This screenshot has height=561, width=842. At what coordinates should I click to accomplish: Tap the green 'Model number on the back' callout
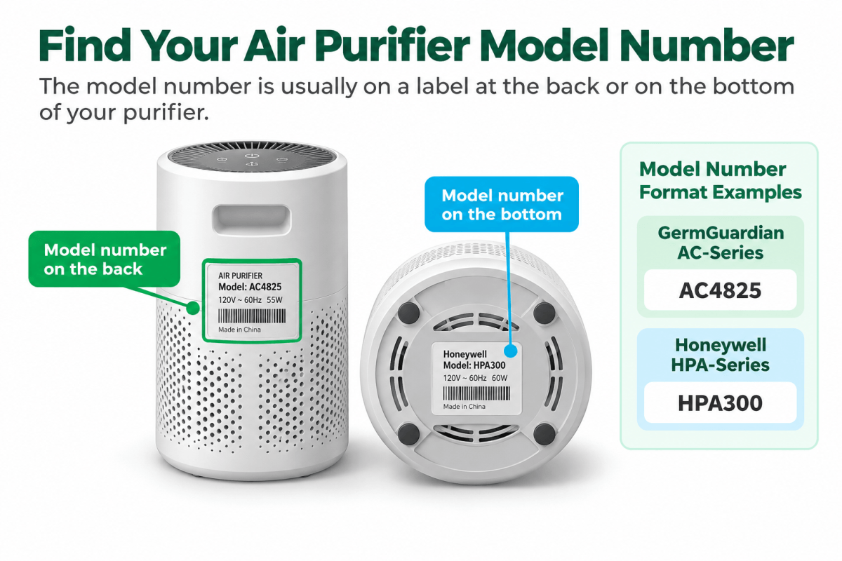click(x=105, y=259)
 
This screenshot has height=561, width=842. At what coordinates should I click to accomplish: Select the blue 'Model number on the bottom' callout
click(x=502, y=204)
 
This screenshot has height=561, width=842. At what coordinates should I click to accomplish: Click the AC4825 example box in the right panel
click(x=720, y=290)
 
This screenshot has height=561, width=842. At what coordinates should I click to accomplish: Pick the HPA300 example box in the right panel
click(x=720, y=403)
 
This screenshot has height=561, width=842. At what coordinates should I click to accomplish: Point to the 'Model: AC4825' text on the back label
click(x=250, y=287)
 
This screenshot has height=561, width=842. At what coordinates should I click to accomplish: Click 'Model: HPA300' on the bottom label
click(x=474, y=365)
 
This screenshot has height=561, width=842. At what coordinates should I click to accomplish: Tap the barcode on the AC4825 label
click(x=252, y=316)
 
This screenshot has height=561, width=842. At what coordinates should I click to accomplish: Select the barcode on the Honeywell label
click(x=476, y=393)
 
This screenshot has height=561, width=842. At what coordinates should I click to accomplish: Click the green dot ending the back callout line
click(x=193, y=308)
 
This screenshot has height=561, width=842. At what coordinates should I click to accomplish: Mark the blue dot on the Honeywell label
click(x=511, y=351)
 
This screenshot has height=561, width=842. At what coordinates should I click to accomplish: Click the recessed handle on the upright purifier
click(x=251, y=219)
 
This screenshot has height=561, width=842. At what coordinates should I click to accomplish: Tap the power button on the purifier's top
click(x=250, y=156)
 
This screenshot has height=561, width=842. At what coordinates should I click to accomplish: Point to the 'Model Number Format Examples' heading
click(x=720, y=181)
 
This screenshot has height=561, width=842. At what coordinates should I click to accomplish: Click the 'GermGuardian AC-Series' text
click(x=721, y=243)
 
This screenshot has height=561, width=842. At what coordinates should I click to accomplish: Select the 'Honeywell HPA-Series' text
click(x=720, y=355)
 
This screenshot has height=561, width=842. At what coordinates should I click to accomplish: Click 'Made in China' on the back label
click(x=239, y=330)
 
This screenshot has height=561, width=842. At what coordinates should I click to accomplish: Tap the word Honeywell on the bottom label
click(x=465, y=354)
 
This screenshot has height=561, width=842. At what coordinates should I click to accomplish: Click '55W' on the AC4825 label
click(x=274, y=300)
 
